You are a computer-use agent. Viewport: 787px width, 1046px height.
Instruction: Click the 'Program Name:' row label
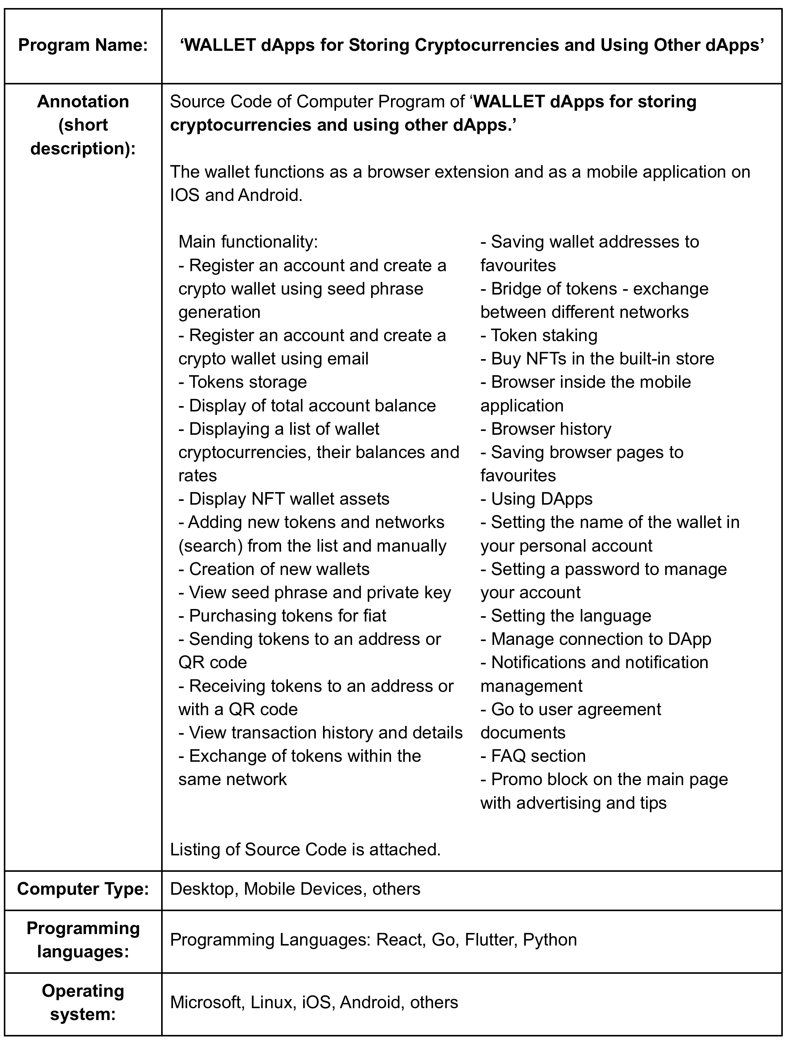click(83, 45)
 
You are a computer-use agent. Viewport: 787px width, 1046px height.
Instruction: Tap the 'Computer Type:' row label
click(83, 889)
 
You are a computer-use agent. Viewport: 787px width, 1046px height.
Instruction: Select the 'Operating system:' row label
click(83, 1002)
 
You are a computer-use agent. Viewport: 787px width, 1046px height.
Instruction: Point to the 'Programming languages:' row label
click(83, 939)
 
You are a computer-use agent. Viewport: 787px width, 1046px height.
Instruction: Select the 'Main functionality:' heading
click(248, 242)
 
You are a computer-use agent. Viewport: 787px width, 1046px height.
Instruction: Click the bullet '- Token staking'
click(539, 335)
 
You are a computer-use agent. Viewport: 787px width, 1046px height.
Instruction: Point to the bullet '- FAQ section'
click(533, 756)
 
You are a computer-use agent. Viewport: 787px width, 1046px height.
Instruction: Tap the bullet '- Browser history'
click(546, 429)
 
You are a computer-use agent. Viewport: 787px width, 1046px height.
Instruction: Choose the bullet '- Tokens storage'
click(242, 382)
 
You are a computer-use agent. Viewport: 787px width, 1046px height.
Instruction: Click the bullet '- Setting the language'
click(566, 616)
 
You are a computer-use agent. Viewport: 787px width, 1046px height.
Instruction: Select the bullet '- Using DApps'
click(537, 499)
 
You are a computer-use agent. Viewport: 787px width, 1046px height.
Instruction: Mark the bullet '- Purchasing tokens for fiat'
click(282, 616)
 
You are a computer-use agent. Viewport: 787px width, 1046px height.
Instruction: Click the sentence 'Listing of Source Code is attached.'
click(305, 849)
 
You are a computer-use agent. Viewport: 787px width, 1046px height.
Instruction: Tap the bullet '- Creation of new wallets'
click(274, 569)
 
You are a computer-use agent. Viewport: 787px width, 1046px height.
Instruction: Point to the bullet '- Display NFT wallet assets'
click(284, 499)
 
